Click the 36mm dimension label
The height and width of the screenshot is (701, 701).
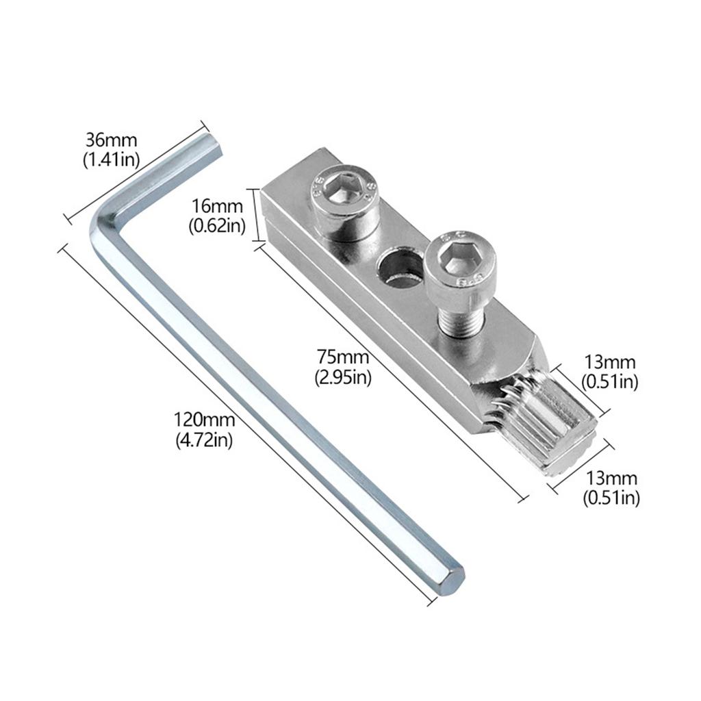tap(111, 140)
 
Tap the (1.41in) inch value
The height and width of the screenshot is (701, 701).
tap(111, 160)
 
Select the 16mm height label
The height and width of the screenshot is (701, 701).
tap(216, 206)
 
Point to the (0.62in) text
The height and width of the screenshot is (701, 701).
tap(216, 225)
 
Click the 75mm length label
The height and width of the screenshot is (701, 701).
tap(343, 357)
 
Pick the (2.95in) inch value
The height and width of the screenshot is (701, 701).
tap(343, 377)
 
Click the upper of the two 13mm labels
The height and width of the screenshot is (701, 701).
tap(610, 362)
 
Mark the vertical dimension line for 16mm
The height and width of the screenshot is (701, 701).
tap(257, 215)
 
